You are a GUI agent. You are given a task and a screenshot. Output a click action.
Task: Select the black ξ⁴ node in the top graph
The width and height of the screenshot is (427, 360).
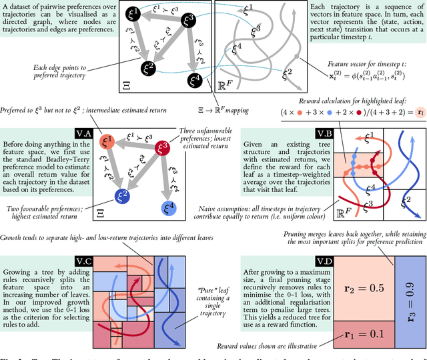[195, 81]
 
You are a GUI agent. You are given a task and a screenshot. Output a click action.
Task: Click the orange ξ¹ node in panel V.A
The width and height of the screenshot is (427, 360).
[107, 141]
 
